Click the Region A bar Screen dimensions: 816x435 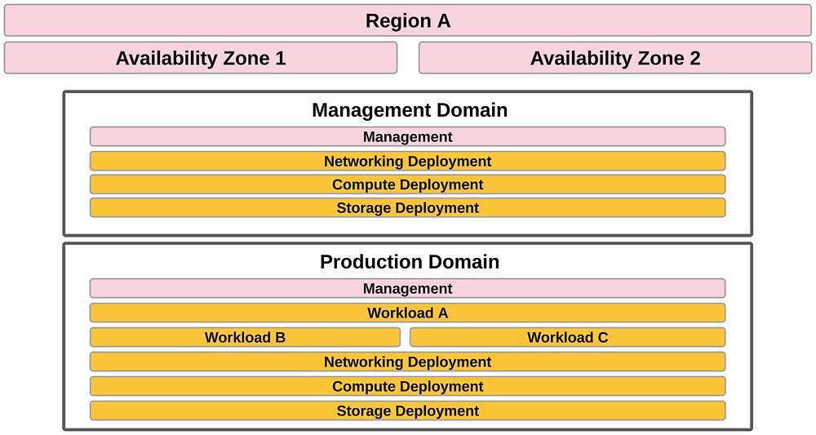tap(407, 21)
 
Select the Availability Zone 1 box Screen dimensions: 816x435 tap(201, 58)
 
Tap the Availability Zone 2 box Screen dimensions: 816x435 tap(615, 58)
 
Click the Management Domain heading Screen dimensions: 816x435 tap(410, 110)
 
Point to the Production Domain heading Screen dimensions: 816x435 tap(410, 262)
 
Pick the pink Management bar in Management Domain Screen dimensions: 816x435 tap(407, 136)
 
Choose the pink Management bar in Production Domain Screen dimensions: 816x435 tap(407, 288)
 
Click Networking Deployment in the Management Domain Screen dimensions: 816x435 tap(407, 162)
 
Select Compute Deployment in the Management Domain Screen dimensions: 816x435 tap(407, 184)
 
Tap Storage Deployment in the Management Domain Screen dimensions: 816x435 tap(407, 207)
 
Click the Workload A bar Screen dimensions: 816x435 tap(407, 313)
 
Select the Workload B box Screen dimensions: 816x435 tap(245, 337)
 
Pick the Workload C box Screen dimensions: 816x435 tap(568, 337)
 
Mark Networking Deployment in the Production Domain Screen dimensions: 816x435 tap(407, 362)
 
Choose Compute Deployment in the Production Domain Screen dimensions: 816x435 tap(407, 386)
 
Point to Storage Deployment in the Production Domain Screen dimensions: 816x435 tap(407, 411)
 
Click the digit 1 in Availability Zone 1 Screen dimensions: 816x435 tap(281, 58)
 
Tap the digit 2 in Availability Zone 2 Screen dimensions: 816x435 tap(694, 58)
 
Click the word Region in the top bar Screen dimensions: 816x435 tap(397, 21)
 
